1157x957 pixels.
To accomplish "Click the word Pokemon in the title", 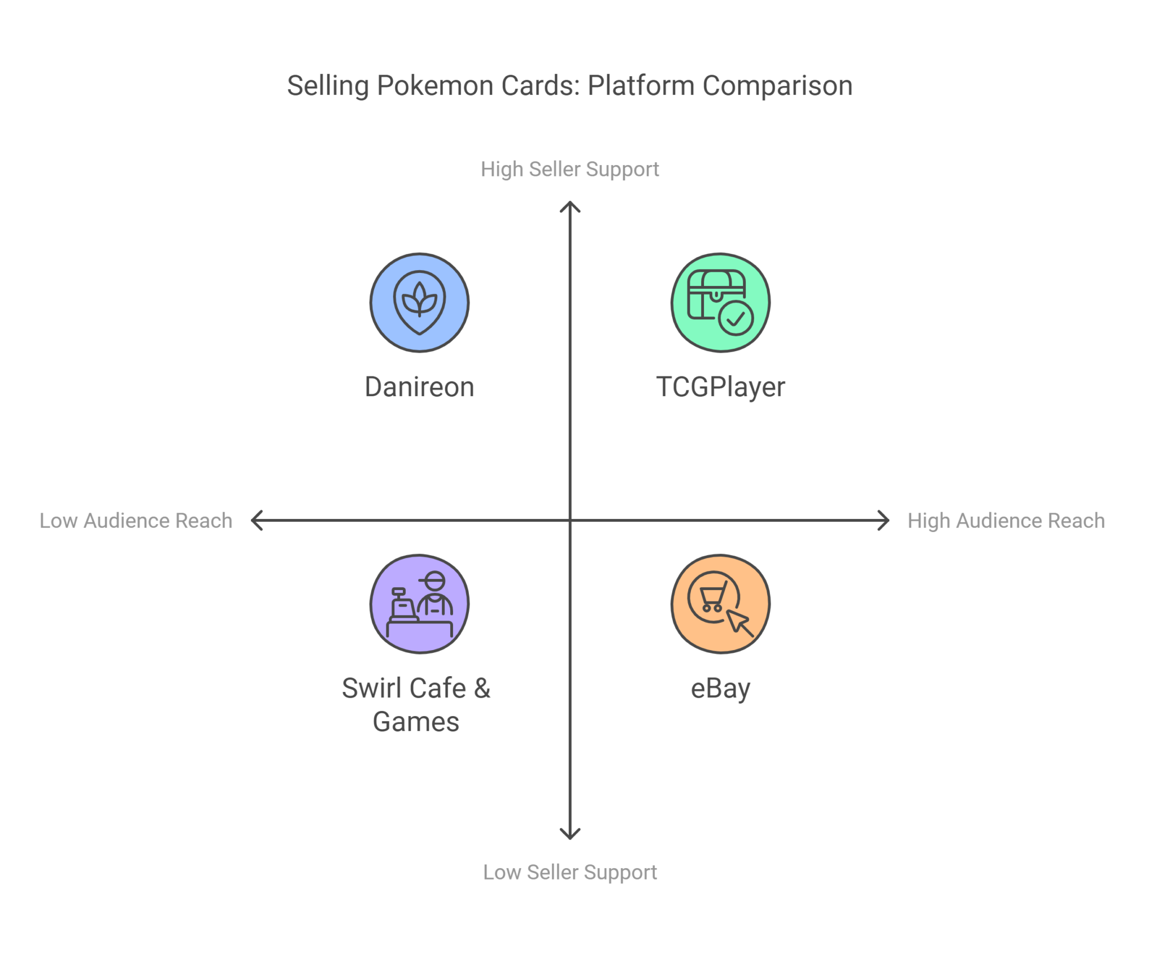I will (434, 86).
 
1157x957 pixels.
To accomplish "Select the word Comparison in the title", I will (777, 86).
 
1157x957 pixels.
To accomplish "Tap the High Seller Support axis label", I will (569, 169).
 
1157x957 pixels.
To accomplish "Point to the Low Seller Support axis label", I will (569, 872).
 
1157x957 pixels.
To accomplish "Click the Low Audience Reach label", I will (136, 521).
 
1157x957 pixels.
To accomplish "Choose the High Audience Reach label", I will (1006, 521).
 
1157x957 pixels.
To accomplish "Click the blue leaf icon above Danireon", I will (419, 302).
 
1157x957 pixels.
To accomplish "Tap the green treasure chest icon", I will (720, 302).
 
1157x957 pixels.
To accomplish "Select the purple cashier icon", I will (419, 604).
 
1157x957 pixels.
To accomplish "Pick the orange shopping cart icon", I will (720, 604).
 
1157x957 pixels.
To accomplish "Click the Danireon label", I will (419, 387).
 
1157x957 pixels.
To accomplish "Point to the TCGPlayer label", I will (720, 387).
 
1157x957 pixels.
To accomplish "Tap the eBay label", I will (720, 688).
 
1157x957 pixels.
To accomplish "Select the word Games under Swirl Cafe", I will (416, 722).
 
